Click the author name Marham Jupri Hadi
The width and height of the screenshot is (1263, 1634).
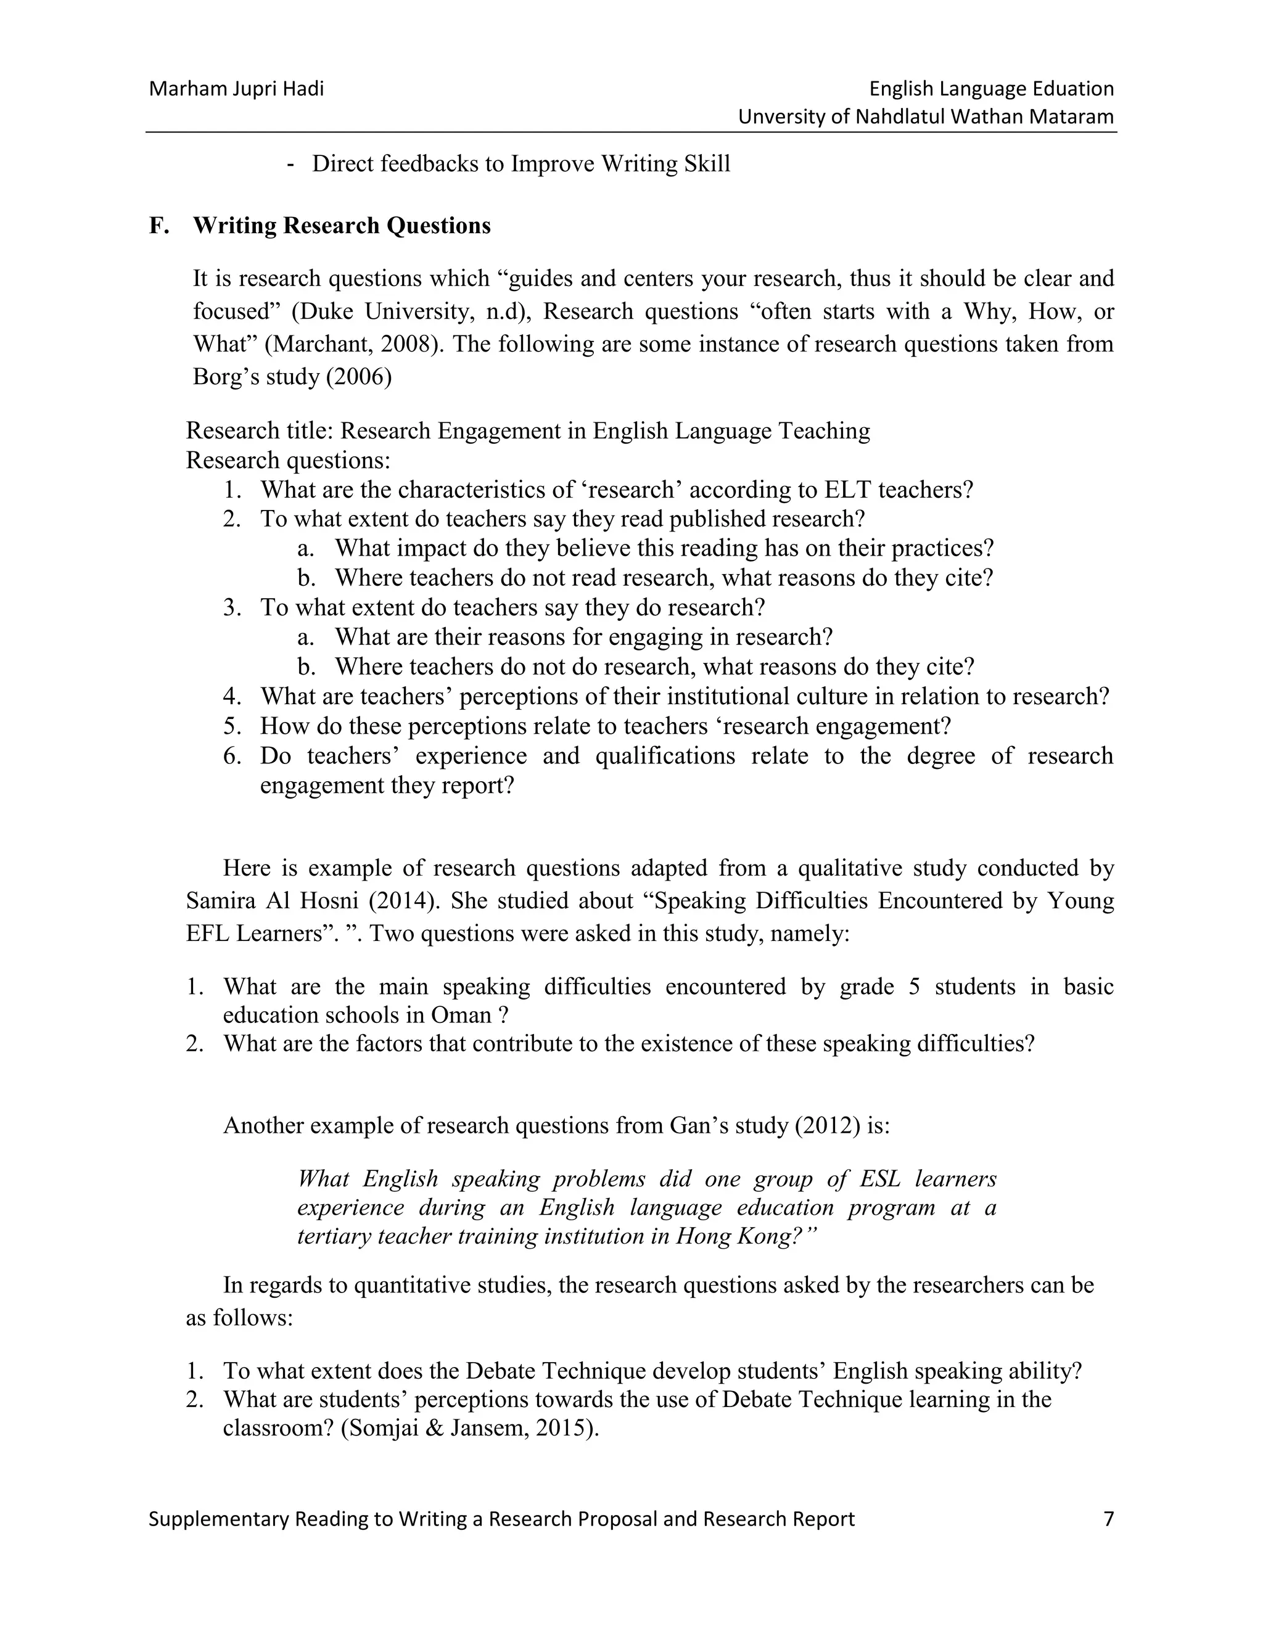coord(236,89)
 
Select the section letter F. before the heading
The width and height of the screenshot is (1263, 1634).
coord(158,226)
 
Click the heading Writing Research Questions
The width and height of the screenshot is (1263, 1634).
coord(342,226)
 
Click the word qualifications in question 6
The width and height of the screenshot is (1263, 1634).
coord(664,757)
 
